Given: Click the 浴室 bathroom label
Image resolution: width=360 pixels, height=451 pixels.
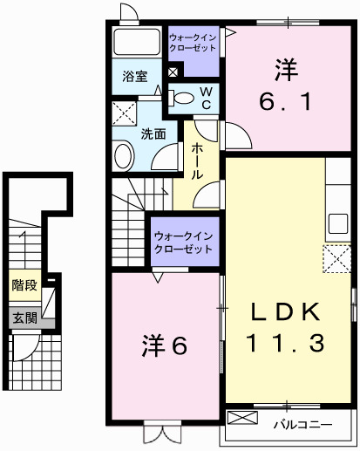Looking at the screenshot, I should click(134, 76).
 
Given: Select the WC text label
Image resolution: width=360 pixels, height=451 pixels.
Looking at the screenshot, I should click(207, 98).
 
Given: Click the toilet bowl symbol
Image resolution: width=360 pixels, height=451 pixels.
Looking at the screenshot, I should click(180, 99).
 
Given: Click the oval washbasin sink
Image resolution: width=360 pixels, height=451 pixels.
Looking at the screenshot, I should click(124, 157).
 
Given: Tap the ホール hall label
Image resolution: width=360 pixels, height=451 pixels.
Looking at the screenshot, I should click(198, 161).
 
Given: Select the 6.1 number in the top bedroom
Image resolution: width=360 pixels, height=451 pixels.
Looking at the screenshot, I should click(282, 102).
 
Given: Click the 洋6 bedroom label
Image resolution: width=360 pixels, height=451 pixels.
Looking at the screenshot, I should click(166, 345).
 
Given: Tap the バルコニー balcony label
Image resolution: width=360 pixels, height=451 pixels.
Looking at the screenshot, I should click(301, 425).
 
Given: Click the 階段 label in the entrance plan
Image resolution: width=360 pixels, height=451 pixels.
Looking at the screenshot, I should click(24, 285).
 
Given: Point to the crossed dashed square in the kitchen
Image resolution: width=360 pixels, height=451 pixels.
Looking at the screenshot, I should click(336, 259).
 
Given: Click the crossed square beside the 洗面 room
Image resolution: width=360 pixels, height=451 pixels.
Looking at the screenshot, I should click(124, 114).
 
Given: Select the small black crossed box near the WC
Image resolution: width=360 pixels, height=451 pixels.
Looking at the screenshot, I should click(173, 72).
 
